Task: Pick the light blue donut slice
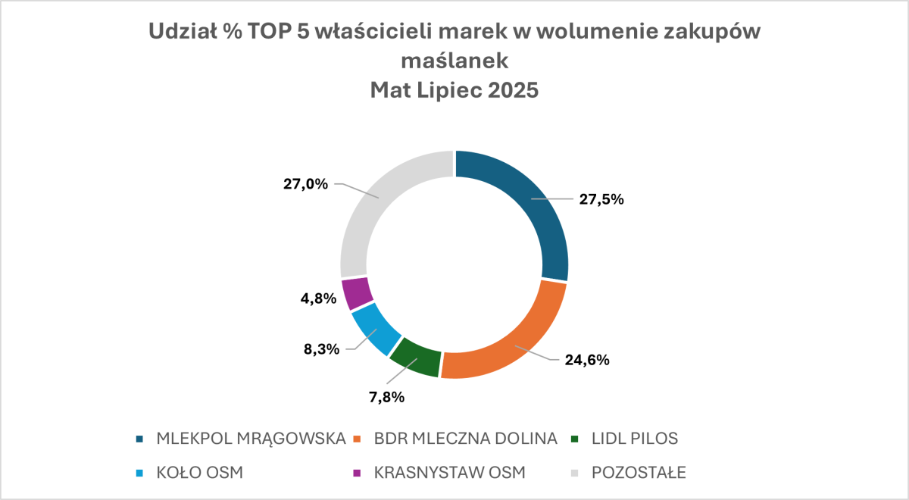click(375, 328)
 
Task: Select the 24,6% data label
click(587, 360)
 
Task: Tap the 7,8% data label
click(386, 396)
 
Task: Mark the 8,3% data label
click(322, 350)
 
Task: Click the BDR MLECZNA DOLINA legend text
click(466, 439)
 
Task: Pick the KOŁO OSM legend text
click(200, 473)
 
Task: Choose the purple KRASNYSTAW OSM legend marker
click(358, 473)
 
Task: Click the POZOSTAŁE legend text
click(639, 473)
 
